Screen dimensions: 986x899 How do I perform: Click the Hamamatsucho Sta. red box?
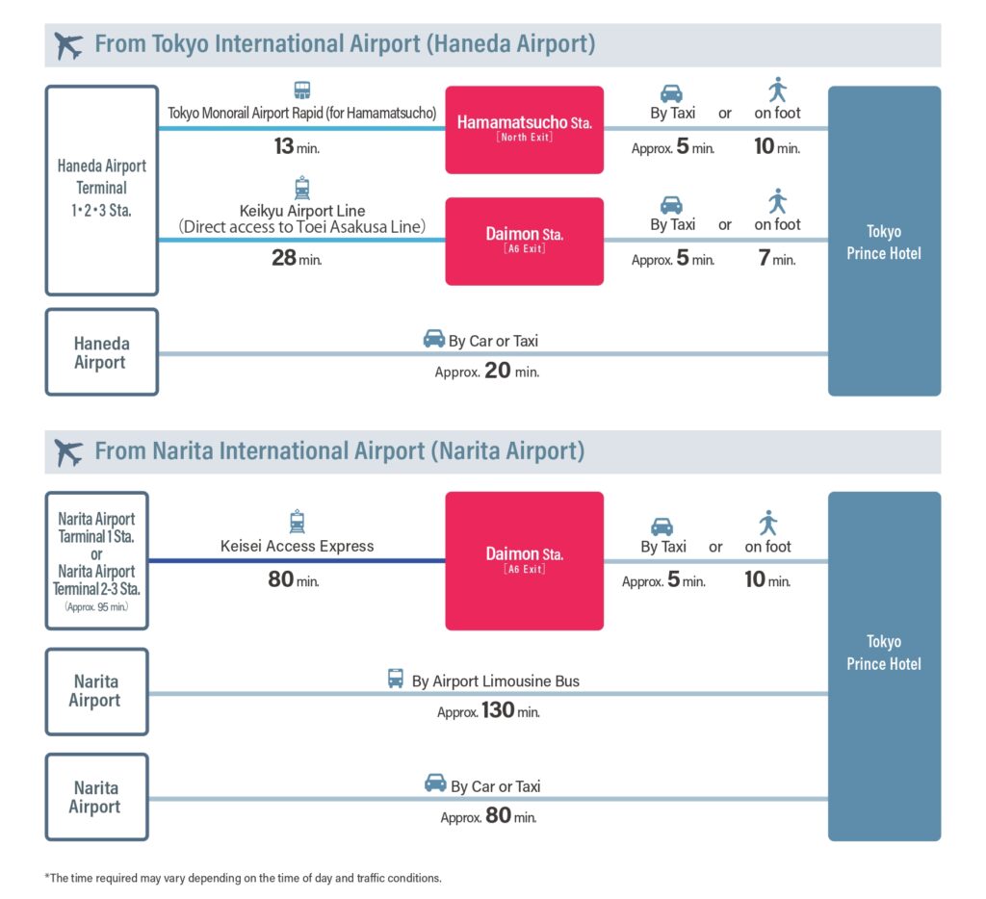(525, 130)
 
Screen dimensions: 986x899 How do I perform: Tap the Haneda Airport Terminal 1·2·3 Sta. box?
(102, 191)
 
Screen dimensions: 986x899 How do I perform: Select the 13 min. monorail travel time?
(297, 146)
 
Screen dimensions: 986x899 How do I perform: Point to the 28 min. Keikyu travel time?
(297, 258)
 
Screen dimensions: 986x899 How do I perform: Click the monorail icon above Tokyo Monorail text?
(302, 90)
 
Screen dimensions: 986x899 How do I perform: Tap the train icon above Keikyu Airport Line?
(302, 188)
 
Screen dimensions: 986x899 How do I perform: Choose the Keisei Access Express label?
(297, 546)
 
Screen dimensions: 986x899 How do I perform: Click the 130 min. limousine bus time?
(488, 710)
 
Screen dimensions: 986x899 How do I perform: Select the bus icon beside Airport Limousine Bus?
(396, 679)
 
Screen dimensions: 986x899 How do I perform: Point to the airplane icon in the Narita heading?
(68, 452)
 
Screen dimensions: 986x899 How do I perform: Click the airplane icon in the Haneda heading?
(68, 45)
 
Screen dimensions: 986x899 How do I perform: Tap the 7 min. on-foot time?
(777, 258)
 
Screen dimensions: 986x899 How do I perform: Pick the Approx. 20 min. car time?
(486, 371)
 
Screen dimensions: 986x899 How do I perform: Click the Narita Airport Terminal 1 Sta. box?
(97, 561)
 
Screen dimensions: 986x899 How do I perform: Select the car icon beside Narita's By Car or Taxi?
(435, 783)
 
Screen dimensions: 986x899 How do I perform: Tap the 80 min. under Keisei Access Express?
(294, 579)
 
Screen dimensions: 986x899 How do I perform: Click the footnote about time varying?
(243, 878)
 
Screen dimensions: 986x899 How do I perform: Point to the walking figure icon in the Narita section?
(767, 523)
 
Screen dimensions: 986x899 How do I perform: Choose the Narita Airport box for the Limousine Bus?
(97, 691)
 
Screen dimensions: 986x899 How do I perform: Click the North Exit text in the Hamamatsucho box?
(525, 137)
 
